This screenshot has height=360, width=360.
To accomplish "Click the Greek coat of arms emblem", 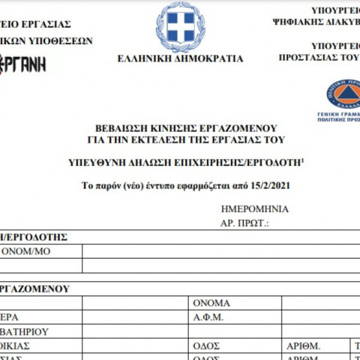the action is click(180, 25).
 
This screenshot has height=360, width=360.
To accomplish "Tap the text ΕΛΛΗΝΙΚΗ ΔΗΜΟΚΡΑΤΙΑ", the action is click(181, 58).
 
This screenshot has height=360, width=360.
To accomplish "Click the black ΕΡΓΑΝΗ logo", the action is click(23, 64).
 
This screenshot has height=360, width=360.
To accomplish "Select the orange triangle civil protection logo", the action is click(343, 94).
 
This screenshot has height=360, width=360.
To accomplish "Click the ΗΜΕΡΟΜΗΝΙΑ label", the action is click(256, 209).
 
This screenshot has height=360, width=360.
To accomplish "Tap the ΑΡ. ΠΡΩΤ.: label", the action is click(244, 223).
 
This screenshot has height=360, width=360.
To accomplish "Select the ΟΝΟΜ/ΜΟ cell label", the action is click(26, 251).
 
